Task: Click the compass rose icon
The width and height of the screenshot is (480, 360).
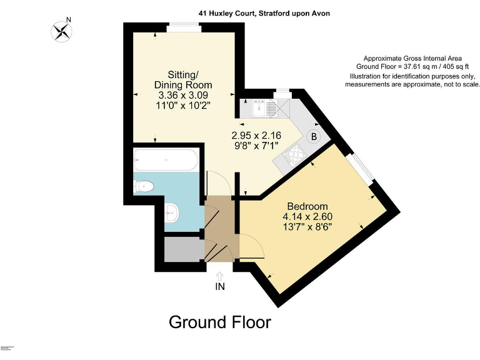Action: coord(61,31)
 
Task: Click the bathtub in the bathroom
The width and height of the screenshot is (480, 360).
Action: coord(166,161)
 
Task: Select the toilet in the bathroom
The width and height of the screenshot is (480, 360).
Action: coord(144,186)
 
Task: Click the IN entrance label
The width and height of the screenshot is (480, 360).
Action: coord(220,287)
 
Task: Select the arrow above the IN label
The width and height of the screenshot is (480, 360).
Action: coord(220,275)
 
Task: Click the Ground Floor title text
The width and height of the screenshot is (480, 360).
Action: coord(220,322)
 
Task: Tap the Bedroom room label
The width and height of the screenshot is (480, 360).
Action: coord(307,206)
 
